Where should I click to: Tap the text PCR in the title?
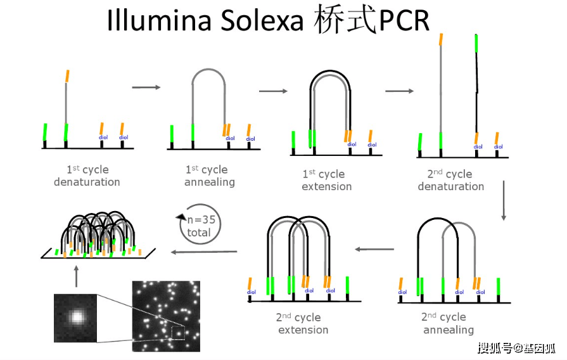(404, 21)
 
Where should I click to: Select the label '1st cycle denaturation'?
(87, 176)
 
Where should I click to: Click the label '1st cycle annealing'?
(209, 176)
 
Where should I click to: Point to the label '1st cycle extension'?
(326, 180)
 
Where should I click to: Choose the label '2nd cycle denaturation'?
(450, 180)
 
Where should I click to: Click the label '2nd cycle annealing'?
(448, 323)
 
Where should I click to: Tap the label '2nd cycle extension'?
(302, 323)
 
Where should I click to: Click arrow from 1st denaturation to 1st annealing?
(146, 87)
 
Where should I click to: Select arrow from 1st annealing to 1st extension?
(273, 91)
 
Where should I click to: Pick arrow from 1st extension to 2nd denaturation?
(399, 91)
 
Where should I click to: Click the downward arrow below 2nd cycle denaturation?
(504, 201)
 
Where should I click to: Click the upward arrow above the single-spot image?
(76, 276)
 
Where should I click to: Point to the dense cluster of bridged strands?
(98, 235)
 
